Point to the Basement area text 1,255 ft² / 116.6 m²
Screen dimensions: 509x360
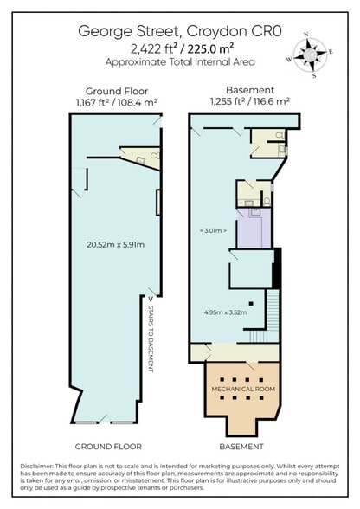coord(249,101)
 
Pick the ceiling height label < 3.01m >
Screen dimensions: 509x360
coord(212,230)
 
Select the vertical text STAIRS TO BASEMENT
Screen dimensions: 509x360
coord(151,338)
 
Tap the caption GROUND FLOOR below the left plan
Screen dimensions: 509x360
coord(108,447)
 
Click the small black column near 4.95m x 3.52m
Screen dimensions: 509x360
coord(249,302)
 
